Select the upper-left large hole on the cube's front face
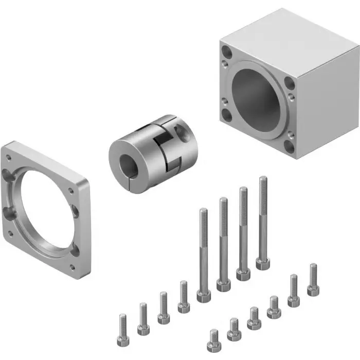pyautogui.click(x=227, y=52)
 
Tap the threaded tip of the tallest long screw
pyautogui.click(x=263, y=180)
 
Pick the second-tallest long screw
pyautogui.click(x=243, y=231)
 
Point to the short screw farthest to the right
pyautogui.click(x=313, y=281)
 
